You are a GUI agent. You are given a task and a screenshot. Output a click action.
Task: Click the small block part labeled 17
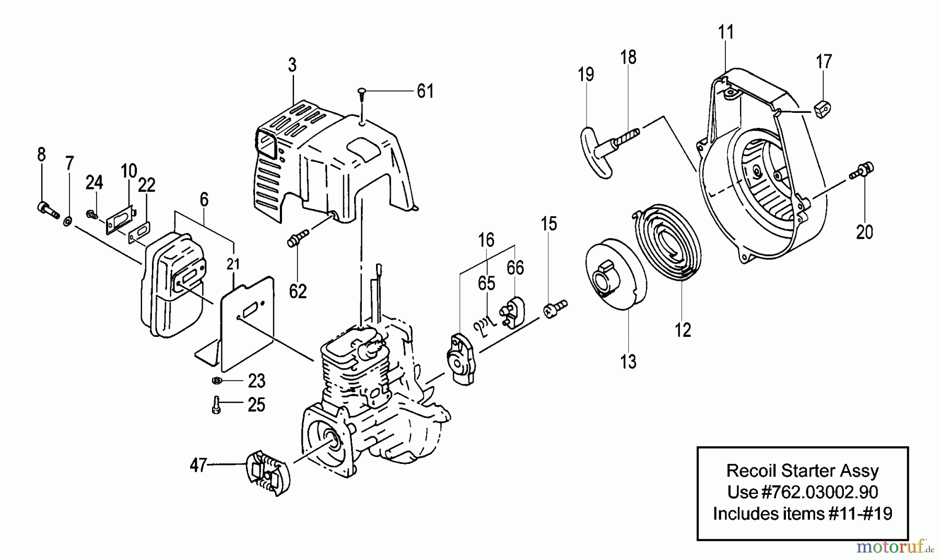[x=822, y=109]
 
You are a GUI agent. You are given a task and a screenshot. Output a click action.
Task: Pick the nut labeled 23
[x=218, y=380]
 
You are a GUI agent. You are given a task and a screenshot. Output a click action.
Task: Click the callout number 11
[x=726, y=32]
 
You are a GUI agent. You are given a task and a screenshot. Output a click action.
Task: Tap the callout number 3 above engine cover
[x=292, y=65]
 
